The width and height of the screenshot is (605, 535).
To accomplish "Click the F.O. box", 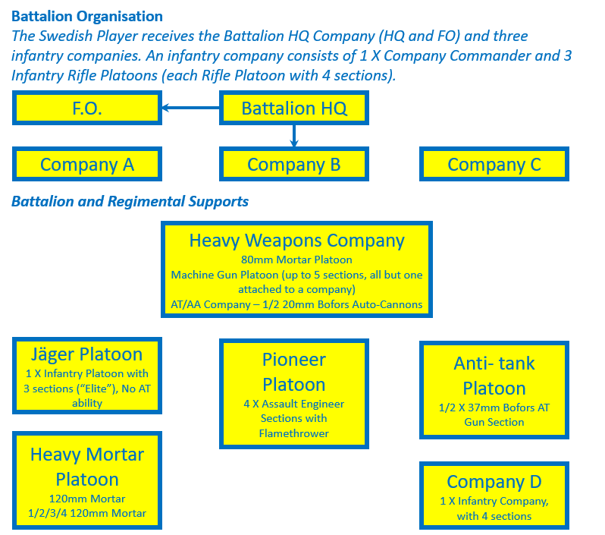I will pos(86,109).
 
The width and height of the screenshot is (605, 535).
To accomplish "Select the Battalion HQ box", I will pos(294,109).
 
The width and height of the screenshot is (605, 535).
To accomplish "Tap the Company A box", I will pos(86,164).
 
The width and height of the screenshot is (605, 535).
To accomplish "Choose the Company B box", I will pos(294,164).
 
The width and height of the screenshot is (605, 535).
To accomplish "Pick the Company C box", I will pos(494,164).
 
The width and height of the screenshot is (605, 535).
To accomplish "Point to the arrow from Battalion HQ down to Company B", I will pos(294,136).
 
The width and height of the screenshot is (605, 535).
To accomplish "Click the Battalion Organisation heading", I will pos(87,16).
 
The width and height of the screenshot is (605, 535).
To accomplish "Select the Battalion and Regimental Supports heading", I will pos(130,202).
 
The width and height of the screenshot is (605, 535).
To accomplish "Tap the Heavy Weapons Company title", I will pos(296,241).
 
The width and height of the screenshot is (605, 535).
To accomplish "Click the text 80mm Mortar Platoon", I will pos(296,260).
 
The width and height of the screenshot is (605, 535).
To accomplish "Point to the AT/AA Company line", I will pos(296,304).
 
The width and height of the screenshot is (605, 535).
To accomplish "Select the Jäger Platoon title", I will pos(86,354).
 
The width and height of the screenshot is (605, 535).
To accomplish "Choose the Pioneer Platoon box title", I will pos(294,372).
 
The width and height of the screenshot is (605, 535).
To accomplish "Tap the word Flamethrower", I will pos(294,433).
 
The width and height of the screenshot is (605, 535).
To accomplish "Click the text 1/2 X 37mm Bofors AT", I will pos(494,408).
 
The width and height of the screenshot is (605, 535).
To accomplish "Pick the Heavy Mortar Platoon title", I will pos(86,467).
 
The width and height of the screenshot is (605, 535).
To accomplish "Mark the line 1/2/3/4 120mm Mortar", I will pos(86,514).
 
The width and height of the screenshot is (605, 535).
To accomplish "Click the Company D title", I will pos(494,482).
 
